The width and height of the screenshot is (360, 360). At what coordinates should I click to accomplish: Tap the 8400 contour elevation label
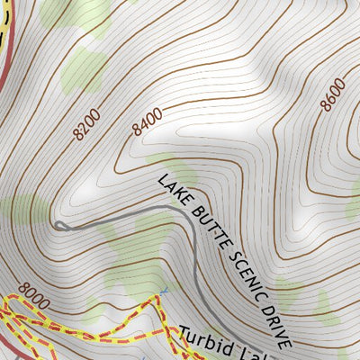click(147, 121)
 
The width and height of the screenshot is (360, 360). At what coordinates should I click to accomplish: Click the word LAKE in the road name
click(171, 187)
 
